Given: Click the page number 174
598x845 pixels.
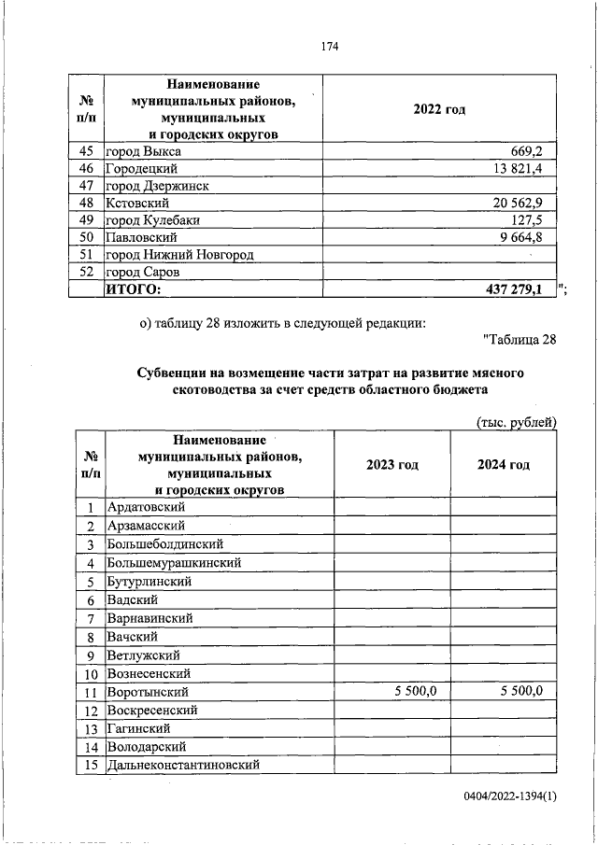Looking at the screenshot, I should tap(328, 46).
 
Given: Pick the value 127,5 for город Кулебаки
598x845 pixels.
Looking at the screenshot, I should tap(536, 220).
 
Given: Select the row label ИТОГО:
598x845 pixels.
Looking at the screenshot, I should tap(133, 289).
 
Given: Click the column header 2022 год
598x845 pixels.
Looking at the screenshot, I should tap(439, 109).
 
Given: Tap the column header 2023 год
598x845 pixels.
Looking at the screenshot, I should tap(392, 464).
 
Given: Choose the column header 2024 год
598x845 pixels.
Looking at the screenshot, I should tap(504, 464).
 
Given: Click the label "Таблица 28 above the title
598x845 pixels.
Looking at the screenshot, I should tap(520, 339).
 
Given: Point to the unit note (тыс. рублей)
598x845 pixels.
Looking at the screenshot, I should tap(517, 422).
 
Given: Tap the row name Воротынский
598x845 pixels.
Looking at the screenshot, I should tap(149, 692).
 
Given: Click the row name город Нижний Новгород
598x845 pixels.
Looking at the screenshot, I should tap(179, 254).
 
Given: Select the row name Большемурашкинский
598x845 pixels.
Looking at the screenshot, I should tap(175, 563).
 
